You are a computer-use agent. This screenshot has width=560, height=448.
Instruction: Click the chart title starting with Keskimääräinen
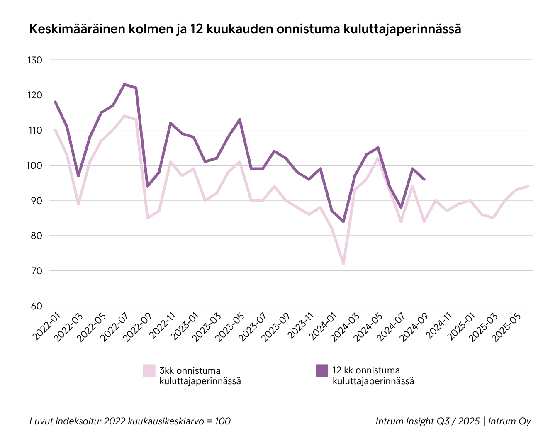pos(245,29)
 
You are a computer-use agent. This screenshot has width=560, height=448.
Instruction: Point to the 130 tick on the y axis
pos(35,60)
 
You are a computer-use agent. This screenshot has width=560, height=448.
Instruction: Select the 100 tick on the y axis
pos(35,166)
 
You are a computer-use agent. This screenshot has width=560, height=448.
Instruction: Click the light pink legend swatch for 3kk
pos(149,370)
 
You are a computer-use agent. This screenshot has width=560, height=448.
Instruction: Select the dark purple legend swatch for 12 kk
pos(322,370)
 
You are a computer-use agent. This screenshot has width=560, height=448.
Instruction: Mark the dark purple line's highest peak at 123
pos(124,84)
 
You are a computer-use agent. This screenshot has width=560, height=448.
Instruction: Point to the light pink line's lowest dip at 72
pos(343,264)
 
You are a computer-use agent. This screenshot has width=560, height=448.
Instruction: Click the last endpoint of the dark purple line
pos(424,179)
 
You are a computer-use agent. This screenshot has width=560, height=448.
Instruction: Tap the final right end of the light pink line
pos(528,186)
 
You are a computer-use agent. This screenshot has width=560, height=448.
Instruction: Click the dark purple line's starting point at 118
pos(55,102)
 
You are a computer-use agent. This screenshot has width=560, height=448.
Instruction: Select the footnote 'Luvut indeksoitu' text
pos(130,421)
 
